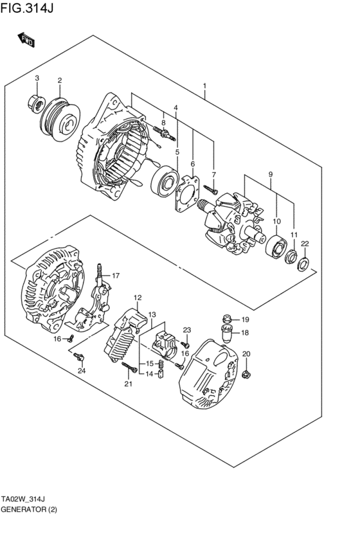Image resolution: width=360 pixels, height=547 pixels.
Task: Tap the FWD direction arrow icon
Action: click(26, 41)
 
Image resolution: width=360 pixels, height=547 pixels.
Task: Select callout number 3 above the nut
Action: click(37, 78)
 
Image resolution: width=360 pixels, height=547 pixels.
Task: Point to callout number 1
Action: click(204, 86)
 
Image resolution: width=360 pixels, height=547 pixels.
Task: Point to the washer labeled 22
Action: click(304, 263)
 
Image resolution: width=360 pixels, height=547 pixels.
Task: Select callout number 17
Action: click(116, 276)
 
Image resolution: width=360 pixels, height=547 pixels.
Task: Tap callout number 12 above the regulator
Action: click(138, 298)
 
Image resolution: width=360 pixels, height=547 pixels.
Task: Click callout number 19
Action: click(245, 319)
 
